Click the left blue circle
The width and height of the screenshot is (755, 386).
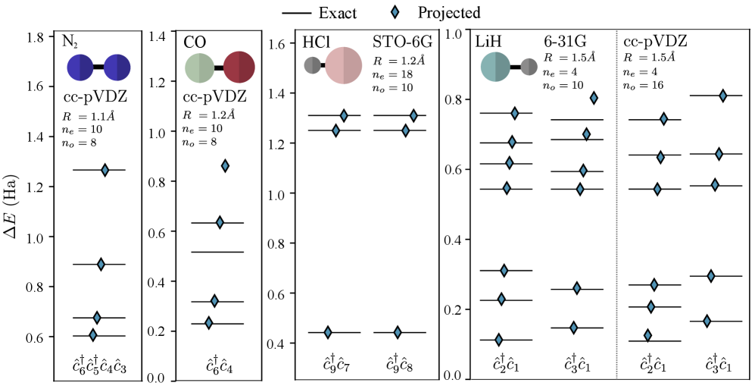click(80, 67)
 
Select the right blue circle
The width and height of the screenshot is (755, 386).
click(117, 67)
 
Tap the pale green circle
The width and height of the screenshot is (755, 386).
click(200, 68)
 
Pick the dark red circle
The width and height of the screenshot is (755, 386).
click(239, 67)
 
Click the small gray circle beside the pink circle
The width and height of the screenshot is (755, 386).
click(313, 65)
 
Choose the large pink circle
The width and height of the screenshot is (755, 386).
click(344, 66)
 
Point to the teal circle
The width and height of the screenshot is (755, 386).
click(495, 67)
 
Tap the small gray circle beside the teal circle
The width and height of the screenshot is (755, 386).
click(529, 67)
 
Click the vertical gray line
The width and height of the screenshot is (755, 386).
click(616, 205)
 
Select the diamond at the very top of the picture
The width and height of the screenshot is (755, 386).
click(395, 12)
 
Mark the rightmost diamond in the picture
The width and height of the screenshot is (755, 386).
click(722, 96)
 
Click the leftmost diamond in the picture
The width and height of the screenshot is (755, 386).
click(93, 335)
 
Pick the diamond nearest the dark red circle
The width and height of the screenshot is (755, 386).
click(225, 166)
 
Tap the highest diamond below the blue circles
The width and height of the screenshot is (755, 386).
click(105, 170)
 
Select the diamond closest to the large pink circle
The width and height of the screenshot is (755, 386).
click(344, 116)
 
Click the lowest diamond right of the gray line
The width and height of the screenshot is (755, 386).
click(647, 335)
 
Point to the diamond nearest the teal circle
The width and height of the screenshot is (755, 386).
click(515, 114)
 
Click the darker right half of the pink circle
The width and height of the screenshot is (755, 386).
click(353, 66)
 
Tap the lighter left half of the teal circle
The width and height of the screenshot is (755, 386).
click(488, 67)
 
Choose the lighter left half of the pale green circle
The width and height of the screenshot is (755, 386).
click(192, 68)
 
